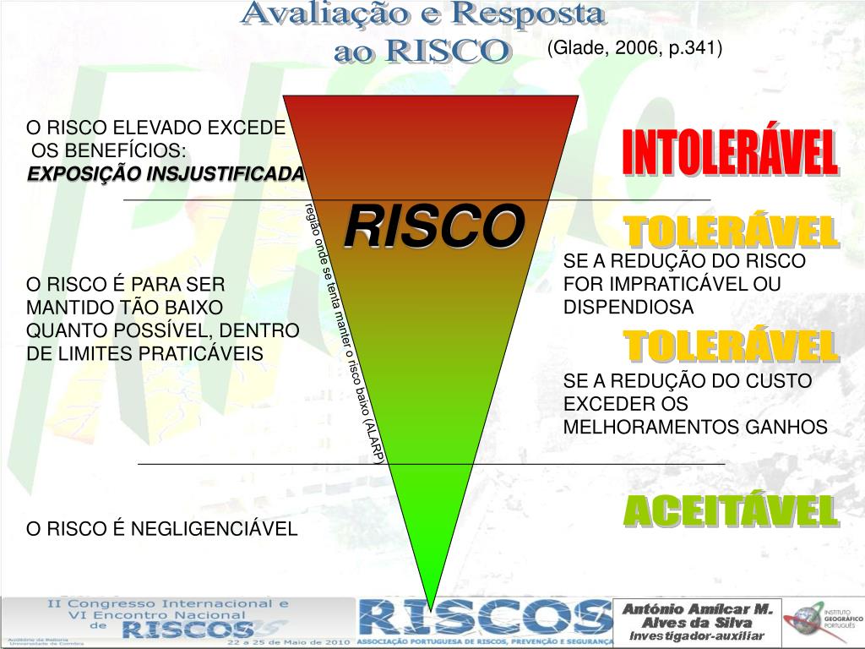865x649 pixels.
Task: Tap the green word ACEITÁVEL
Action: click(730, 511)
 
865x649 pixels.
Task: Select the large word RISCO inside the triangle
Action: click(433, 226)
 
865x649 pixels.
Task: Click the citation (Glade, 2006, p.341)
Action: click(634, 48)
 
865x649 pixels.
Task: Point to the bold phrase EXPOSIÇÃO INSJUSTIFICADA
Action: click(166, 174)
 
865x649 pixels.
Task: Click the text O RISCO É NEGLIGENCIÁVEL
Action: click(162, 529)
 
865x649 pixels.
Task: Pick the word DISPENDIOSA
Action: click(628, 307)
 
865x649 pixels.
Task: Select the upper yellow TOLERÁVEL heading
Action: click(730, 232)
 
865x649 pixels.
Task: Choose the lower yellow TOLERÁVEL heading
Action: click(730, 346)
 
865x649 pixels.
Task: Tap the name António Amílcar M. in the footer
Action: click(698, 609)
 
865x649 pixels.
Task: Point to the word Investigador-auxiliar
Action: click(697, 635)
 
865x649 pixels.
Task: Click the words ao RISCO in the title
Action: click(422, 51)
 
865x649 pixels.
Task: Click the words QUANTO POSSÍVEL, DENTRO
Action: click(163, 330)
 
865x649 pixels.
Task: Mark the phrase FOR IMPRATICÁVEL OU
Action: click(672, 284)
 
